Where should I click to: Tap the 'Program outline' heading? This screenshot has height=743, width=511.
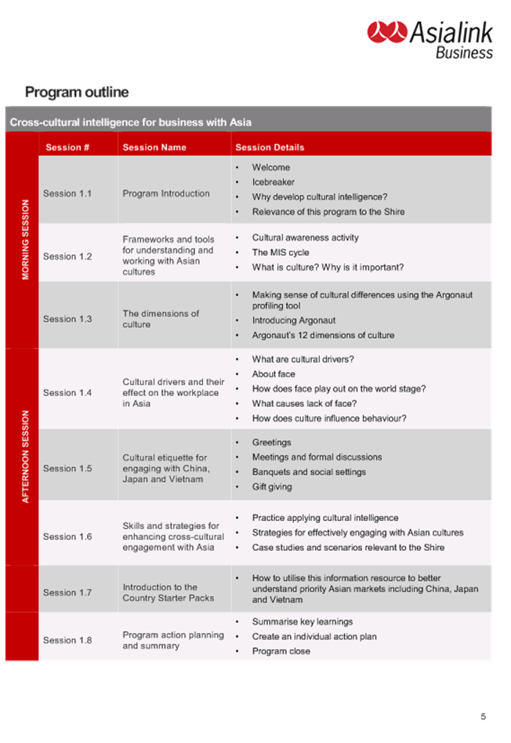pyautogui.click(x=76, y=93)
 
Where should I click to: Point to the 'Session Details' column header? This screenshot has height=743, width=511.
pyautogui.click(x=270, y=147)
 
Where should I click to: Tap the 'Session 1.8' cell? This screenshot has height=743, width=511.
pyautogui.click(x=67, y=640)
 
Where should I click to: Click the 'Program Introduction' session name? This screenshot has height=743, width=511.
pyautogui.click(x=166, y=194)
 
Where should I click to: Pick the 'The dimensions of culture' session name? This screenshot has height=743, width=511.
pyautogui.click(x=161, y=319)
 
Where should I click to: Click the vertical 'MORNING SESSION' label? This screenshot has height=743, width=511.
pyautogui.click(x=26, y=239)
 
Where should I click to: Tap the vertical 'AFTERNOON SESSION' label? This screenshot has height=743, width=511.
pyautogui.click(x=26, y=456)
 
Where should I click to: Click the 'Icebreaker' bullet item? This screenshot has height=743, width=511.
pyautogui.click(x=273, y=182)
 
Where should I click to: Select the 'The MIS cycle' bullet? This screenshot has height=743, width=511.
pyautogui.click(x=280, y=253)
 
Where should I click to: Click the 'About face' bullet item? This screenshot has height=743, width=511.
pyautogui.click(x=274, y=374)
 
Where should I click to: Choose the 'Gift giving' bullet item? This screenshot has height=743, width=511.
pyautogui.click(x=271, y=486)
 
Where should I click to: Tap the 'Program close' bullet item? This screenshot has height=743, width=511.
pyautogui.click(x=281, y=651)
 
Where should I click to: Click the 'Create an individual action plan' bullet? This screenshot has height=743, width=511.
pyautogui.click(x=314, y=636)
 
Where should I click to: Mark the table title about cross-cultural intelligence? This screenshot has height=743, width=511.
pyautogui.click(x=130, y=122)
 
